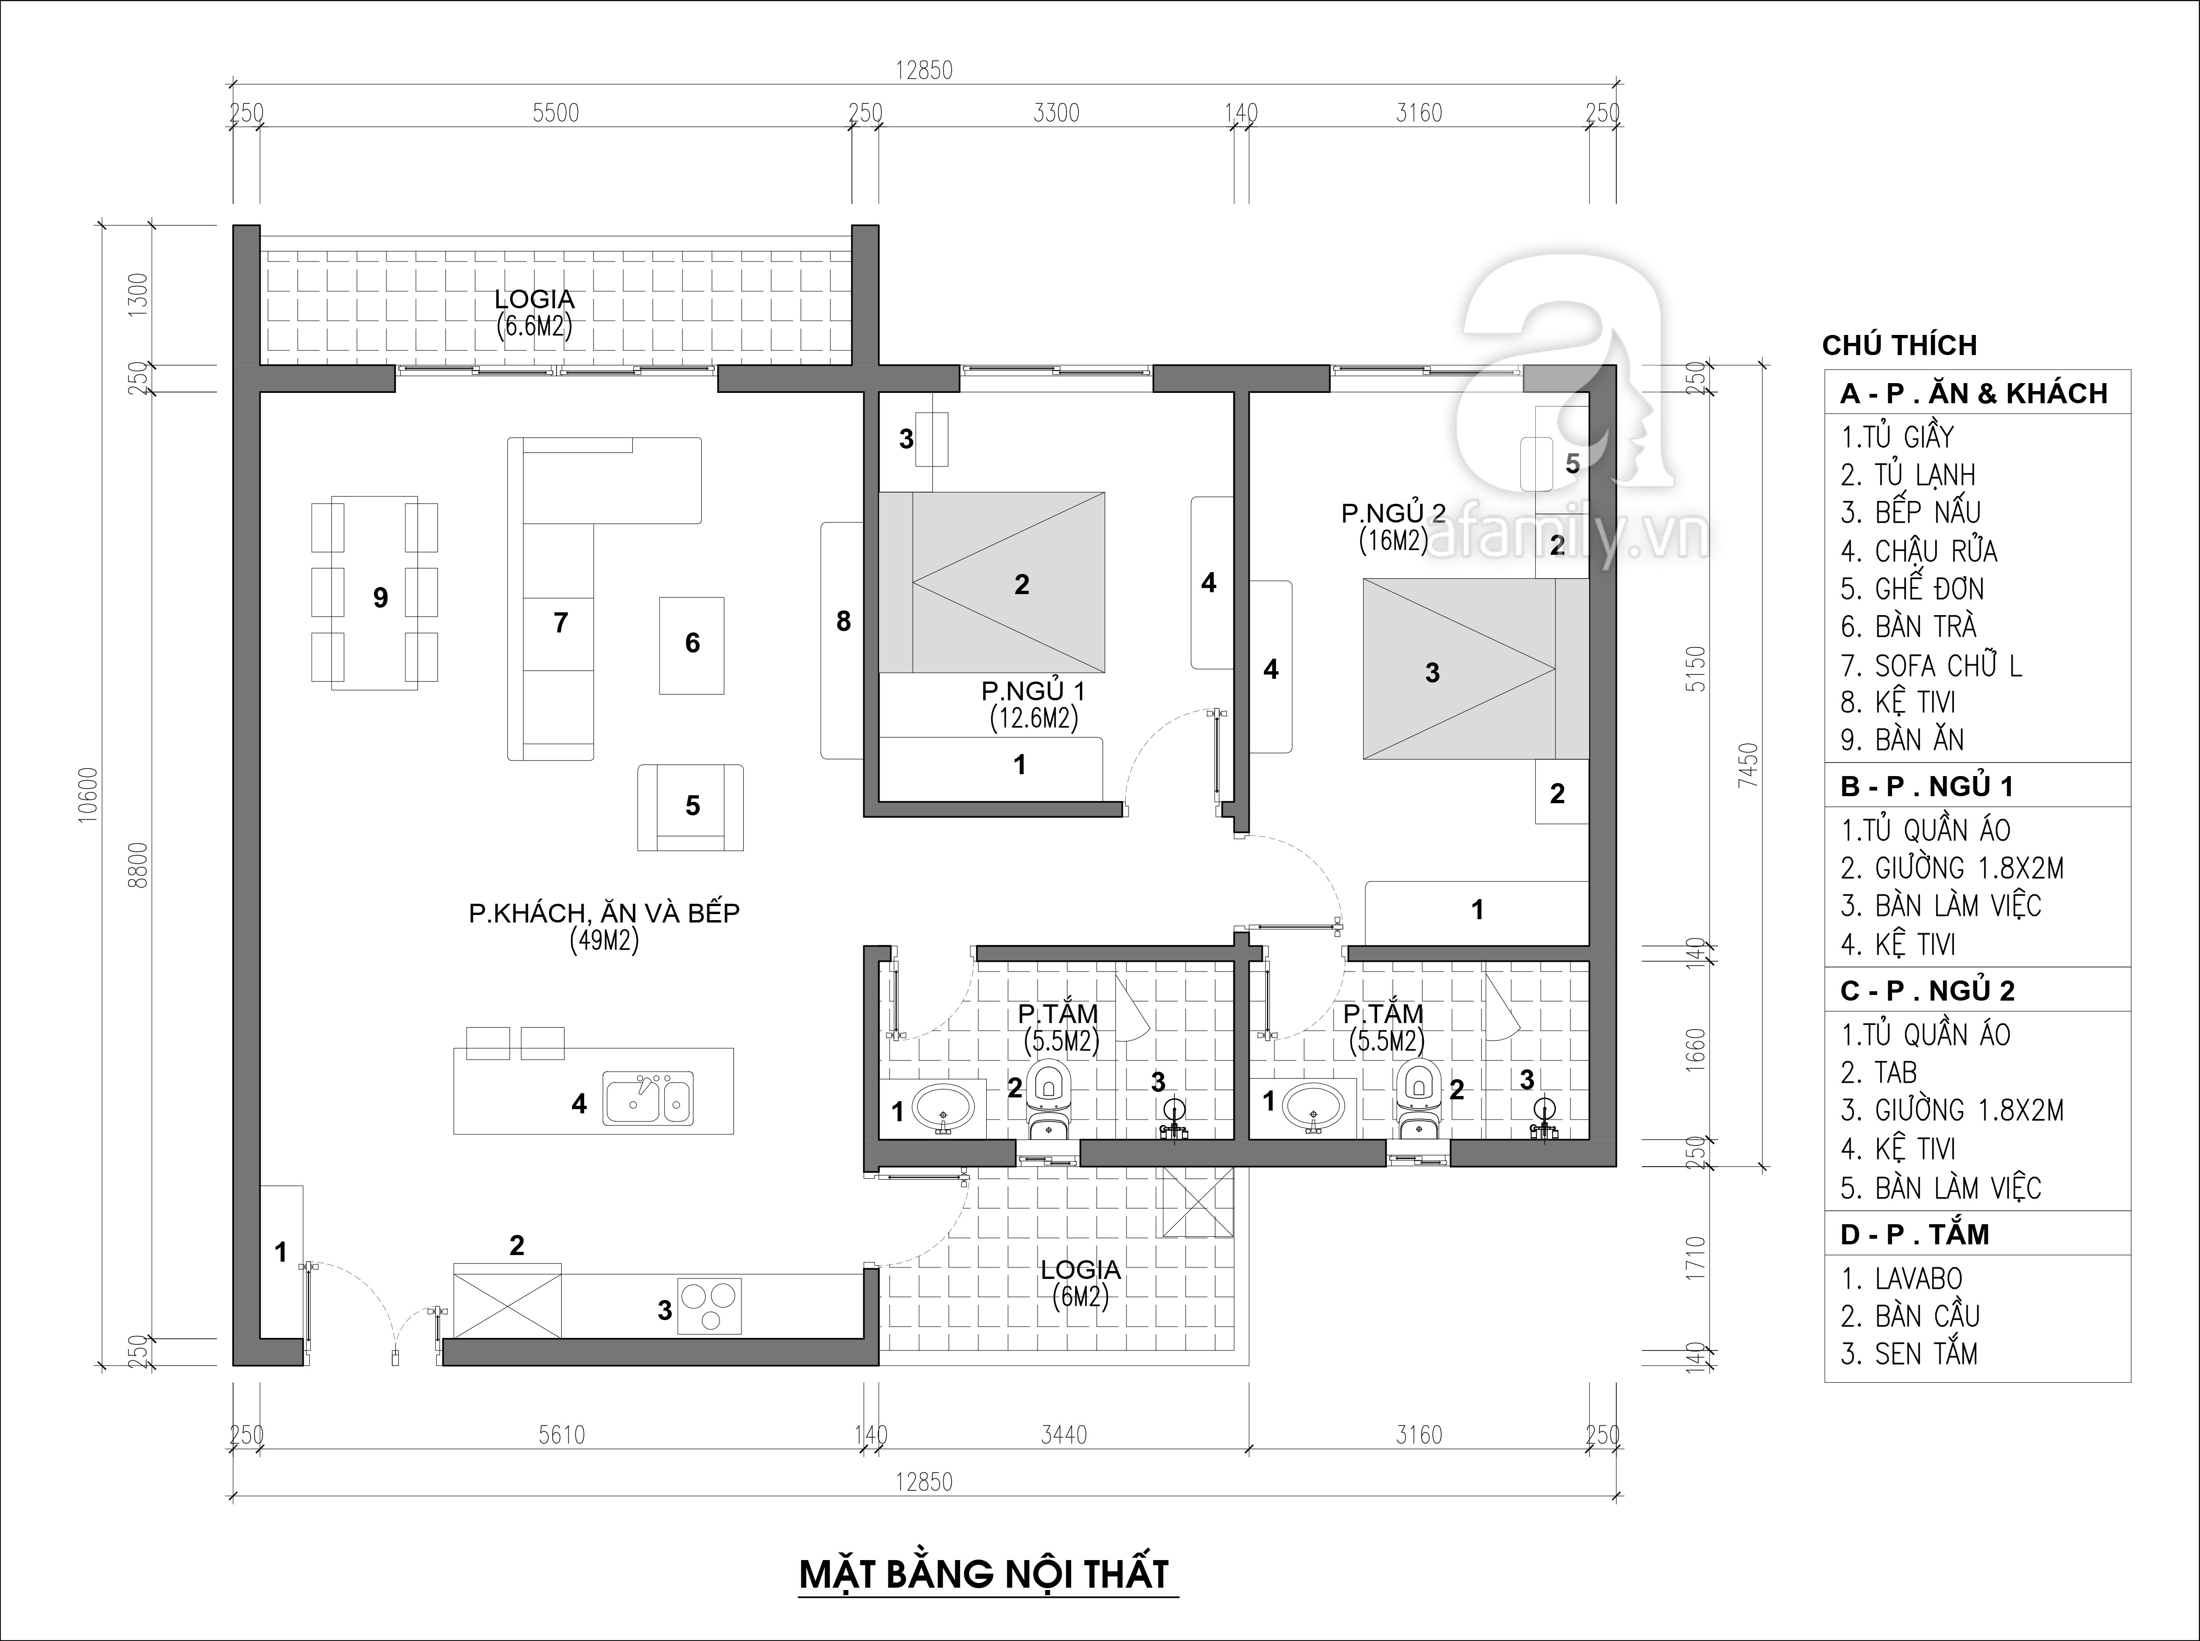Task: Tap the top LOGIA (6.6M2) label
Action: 535,313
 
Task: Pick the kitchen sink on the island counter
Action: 649,1097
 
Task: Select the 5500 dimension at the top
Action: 556,113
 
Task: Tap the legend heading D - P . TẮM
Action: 1914,1234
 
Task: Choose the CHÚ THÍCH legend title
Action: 1899,346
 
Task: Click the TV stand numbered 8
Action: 842,641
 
